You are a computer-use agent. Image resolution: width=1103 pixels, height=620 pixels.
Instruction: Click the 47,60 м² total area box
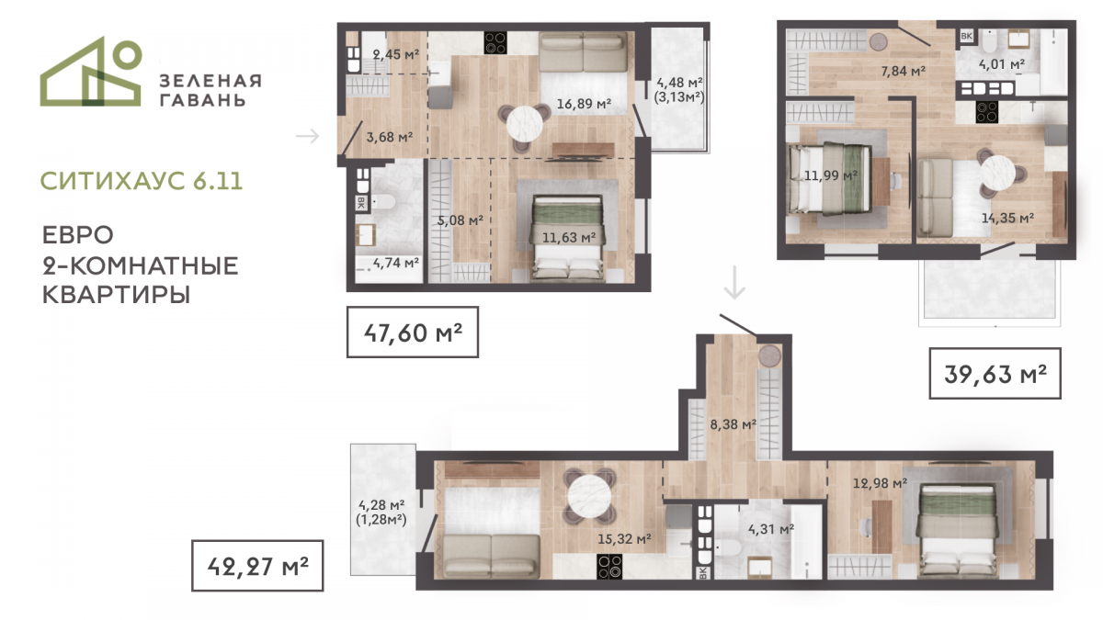(x=413, y=333)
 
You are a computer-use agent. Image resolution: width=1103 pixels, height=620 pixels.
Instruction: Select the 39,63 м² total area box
(x=995, y=374)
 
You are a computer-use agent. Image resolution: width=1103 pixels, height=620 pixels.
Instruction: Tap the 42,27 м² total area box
(x=257, y=566)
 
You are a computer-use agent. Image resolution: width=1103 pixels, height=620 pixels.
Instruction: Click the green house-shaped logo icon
(x=91, y=72)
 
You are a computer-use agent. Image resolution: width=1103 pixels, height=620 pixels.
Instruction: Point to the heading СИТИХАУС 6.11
(x=142, y=181)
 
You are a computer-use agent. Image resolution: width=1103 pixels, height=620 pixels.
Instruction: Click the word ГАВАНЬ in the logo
(x=203, y=100)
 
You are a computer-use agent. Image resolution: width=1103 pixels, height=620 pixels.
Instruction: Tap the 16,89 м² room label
(x=584, y=104)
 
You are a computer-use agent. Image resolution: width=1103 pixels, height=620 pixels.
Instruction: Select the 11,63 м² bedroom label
(x=569, y=238)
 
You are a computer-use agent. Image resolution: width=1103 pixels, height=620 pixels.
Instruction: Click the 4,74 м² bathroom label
(x=396, y=263)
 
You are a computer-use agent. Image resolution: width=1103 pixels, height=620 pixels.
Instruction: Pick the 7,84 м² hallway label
(x=903, y=72)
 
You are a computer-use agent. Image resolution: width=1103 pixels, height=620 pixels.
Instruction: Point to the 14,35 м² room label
(x=1007, y=218)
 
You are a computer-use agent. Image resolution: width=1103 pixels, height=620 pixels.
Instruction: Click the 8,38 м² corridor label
(x=733, y=423)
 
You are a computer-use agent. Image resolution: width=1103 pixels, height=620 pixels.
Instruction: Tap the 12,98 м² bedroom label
(x=880, y=483)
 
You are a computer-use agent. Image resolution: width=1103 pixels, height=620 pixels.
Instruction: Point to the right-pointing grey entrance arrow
(x=308, y=136)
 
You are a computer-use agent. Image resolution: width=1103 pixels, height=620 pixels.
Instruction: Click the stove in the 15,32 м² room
(x=609, y=567)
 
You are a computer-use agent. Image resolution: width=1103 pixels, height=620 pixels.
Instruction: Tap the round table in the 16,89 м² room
(x=525, y=123)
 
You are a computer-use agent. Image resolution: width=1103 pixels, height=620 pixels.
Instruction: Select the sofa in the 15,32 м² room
(x=492, y=556)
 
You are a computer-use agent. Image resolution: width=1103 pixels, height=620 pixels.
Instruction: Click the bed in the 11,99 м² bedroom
(x=827, y=178)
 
